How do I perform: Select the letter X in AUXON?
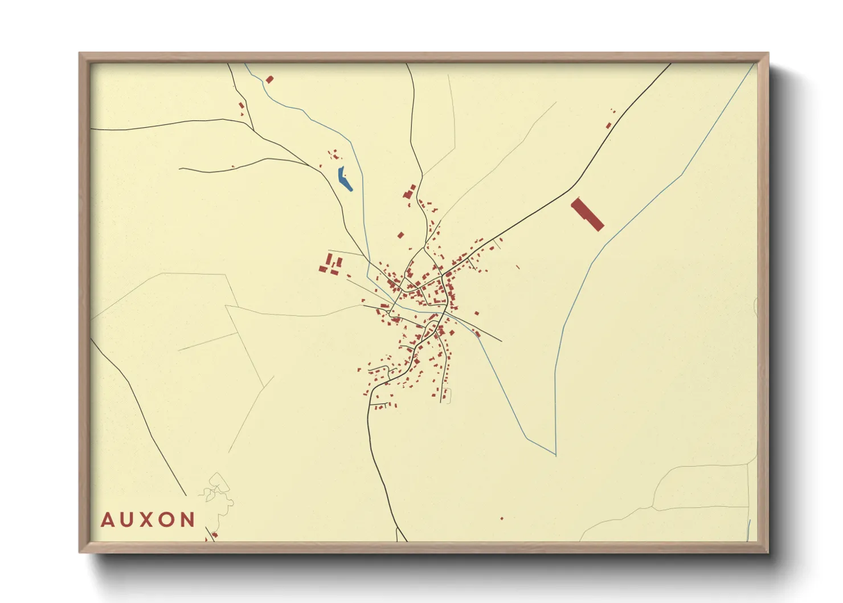click(148, 520)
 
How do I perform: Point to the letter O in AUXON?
click(168, 520)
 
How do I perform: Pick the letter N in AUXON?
click(188, 520)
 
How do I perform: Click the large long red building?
click(587, 214)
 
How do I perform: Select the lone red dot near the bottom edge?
click(502, 519)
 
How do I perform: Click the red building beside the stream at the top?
click(269, 80)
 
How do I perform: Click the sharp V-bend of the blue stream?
click(555, 455)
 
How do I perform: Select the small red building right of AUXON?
click(214, 535)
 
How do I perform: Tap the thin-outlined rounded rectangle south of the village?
click(447, 395)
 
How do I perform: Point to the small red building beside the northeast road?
click(608, 125)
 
